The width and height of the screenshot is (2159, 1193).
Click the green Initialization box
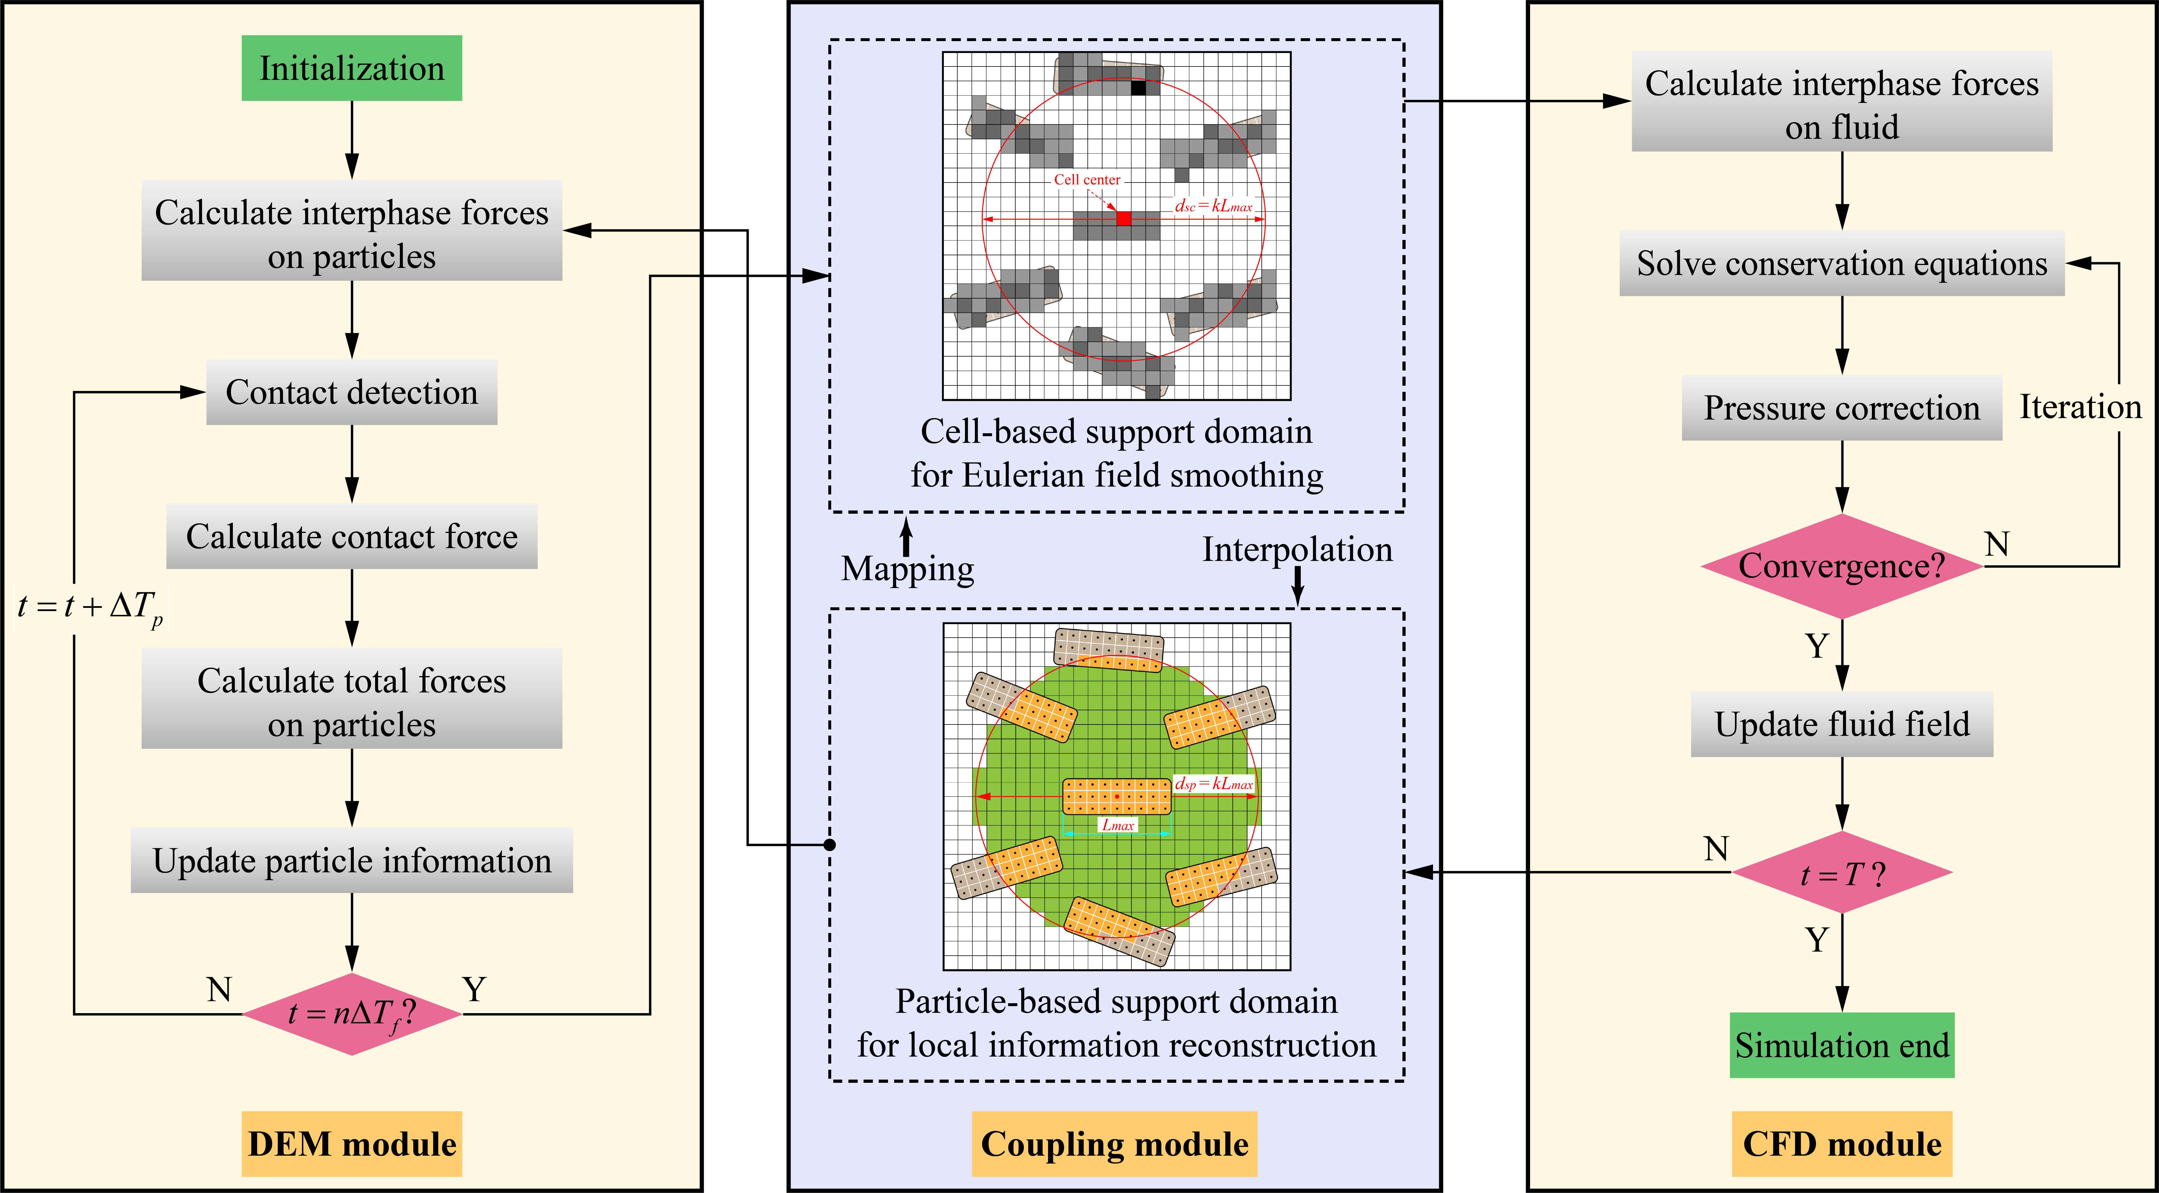click(x=352, y=68)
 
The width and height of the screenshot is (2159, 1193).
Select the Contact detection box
click(x=352, y=392)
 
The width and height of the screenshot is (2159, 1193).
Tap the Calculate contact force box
click(x=352, y=536)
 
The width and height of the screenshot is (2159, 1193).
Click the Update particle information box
click(x=352, y=860)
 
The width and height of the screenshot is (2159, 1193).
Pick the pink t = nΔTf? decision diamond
click(x=352, y=1014)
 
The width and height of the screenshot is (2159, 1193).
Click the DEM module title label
click(x=352, y=1143)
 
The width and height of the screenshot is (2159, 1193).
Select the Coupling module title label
click(x=1115, y=1143)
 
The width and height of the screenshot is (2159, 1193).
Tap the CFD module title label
click(x=1842, y=1143)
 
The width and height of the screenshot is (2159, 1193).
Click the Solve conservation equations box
click(x=1842, y=263)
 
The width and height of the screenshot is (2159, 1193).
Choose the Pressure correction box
click(x=1842, y=408)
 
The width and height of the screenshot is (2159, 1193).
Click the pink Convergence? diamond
click(x=1842, y=566)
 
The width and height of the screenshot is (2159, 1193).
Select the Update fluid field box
click(x=1842, y=724)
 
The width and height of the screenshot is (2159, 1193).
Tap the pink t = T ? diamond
click(x=1842, y=873)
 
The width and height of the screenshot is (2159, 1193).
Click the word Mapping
click(x=908, y=569)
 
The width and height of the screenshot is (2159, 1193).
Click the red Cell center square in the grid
click(x=1124, y=219)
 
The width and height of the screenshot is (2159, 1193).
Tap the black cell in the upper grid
click(x=1138, y=87)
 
